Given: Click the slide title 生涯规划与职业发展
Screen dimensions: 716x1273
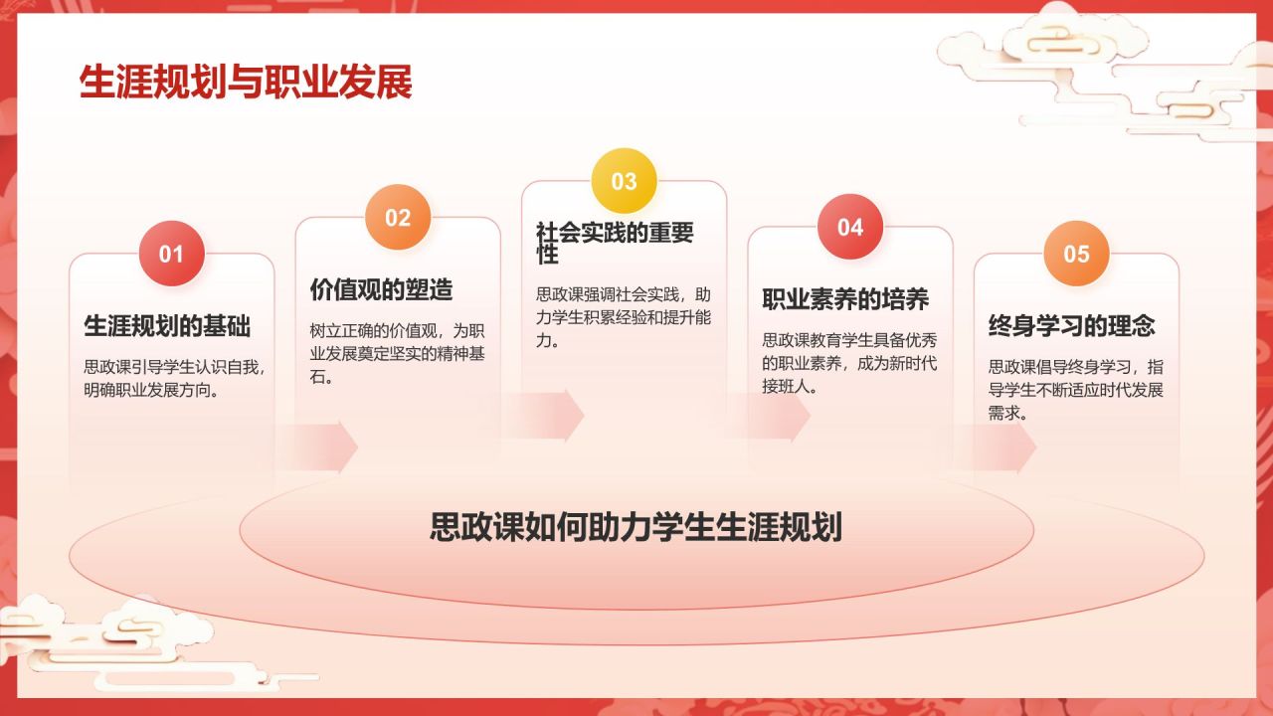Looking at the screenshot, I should click(246, 84).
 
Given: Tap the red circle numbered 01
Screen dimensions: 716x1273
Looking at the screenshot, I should click(171, 254).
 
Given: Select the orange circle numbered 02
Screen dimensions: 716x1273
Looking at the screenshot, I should click(398, 217).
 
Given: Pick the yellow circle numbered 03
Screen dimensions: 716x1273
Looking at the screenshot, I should click(624, 181).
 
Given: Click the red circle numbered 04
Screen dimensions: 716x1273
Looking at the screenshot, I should click(850, 227).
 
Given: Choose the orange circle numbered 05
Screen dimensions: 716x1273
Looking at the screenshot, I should click(1076, 254).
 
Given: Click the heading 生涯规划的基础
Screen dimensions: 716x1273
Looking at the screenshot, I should click(167, 326).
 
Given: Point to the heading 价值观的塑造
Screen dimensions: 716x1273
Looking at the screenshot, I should click(382, 289).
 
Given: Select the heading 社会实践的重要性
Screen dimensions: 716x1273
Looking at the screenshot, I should click(615, 244).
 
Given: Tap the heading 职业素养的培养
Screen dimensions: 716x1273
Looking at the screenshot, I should click(845, 299).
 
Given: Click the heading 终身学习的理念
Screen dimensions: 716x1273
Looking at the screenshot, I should click(1071, 326).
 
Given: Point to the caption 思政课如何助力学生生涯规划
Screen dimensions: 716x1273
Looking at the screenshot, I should click(636, 527).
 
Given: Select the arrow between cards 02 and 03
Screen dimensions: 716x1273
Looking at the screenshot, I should click(546, 415).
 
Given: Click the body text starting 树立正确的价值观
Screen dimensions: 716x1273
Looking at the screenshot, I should click(397, 354).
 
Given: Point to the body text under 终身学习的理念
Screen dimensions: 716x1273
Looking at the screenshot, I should click(1075, 390).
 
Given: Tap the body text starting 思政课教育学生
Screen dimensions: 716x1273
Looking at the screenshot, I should click(849, 363).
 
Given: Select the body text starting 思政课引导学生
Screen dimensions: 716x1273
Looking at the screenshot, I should click(173, 379).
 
